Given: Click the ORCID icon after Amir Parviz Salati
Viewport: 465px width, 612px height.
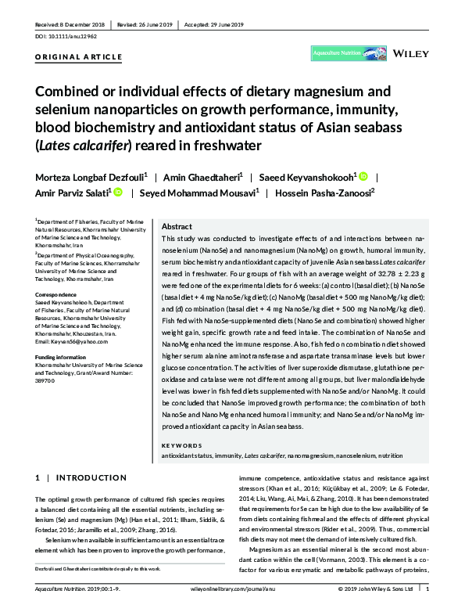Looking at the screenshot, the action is [118, 193].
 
